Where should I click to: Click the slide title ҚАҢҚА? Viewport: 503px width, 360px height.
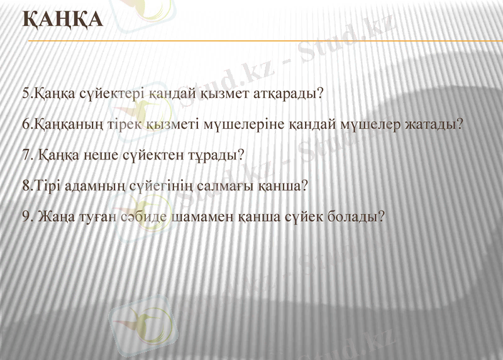(62, 19)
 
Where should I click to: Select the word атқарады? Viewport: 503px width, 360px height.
(287, 94)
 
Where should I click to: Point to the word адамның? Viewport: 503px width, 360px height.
(92, 186)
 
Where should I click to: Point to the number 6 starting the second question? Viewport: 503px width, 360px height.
(25, 124)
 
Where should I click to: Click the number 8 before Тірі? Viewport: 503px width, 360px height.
(25, 186)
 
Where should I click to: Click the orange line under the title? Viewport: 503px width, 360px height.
(264, 41)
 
